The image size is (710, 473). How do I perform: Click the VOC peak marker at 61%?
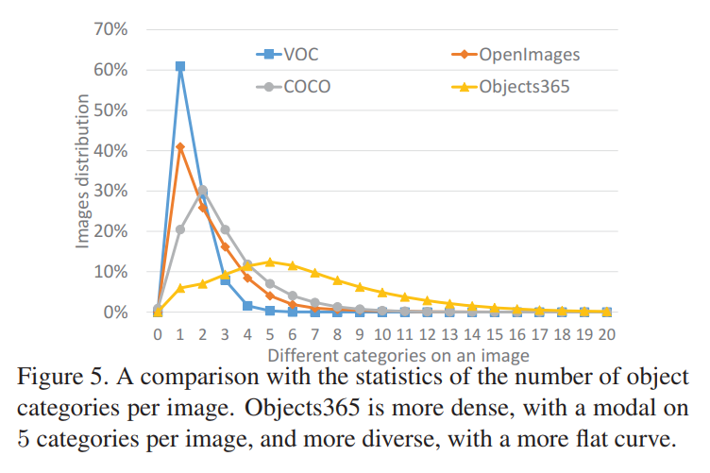pos(180,66)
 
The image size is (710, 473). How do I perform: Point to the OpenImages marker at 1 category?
pos(180,146)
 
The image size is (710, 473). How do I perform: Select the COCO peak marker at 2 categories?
pos(202,190)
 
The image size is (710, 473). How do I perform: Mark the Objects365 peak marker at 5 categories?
pos(270,262)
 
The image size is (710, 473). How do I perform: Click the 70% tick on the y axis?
pos(110,29)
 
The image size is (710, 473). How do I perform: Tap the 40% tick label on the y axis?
pos(110,151)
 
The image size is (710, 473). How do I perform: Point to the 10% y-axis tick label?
pos(110,272)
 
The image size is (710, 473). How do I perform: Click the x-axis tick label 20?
pos(607,334)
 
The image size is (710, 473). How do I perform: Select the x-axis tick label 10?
pos(382,334)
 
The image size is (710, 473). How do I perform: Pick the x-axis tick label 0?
pos(158,334)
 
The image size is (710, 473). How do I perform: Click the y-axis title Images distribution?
pos(83,170)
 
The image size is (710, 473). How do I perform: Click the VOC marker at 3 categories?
pos(225,280)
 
